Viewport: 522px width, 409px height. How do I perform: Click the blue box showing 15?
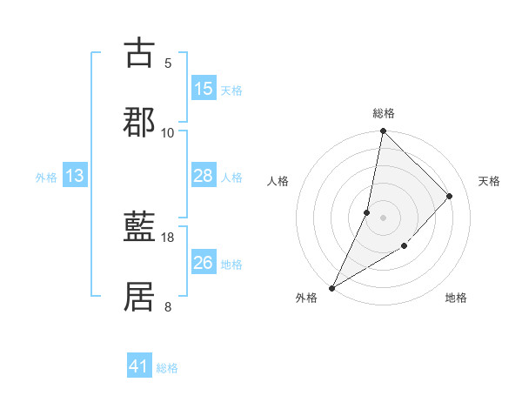pos(204,89)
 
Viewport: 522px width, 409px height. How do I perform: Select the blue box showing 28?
pos(204,176)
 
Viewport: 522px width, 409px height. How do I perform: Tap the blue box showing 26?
pos(204,263)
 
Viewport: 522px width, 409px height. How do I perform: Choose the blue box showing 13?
pos(75,176)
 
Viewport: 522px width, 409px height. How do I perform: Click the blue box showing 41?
pos(139,366)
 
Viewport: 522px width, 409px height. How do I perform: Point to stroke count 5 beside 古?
pos(168,63)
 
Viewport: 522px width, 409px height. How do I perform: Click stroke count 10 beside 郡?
pos(168,132)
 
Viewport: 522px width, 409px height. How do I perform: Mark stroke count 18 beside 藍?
pos(168,237)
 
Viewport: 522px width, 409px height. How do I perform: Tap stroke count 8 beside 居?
pos(168,305)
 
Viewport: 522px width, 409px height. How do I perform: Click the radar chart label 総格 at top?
pos(384,113)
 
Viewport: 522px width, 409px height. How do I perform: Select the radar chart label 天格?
pos(490,181)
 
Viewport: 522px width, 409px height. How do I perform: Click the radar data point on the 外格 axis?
pos(331,287)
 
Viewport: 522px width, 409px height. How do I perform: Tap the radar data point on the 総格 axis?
pos(384,131)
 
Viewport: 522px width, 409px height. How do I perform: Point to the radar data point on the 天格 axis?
pos(450,196)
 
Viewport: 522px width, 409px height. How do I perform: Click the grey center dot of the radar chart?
pos(384,217)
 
